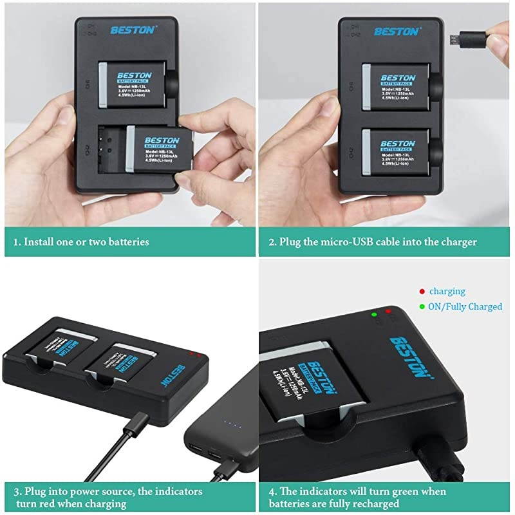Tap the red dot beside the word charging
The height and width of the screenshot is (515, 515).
(x=422, y=292)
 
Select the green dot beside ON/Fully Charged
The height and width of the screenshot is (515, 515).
(x=422, y=306)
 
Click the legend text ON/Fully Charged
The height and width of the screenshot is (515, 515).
(x=465, y=306)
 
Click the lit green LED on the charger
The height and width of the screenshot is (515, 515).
(x=374, y=315)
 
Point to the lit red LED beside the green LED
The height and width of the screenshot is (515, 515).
(x=388, y=312)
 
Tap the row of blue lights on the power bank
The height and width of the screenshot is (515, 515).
(x=232, y=424)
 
